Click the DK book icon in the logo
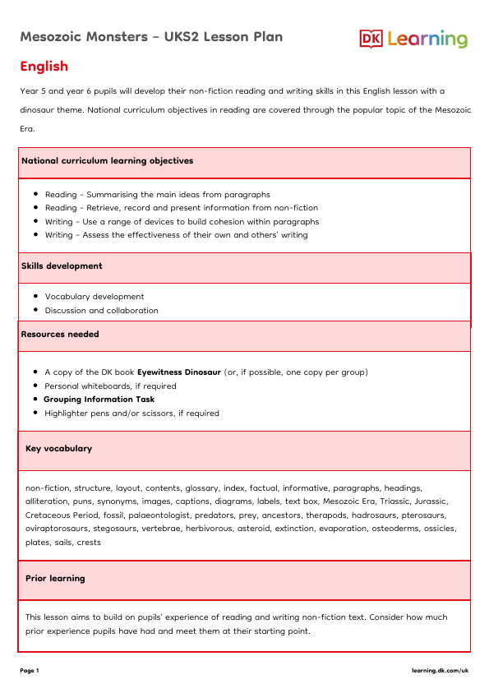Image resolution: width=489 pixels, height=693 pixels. tap(371, 39)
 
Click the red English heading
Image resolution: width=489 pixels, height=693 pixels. tap(44, 67)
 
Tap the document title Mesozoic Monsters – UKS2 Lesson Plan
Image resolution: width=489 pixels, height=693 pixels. tap(151, 37)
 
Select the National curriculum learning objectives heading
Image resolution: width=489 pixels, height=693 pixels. tap(107, 161)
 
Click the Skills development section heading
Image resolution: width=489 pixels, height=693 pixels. tap(62, 266)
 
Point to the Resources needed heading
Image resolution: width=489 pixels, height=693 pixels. tap(60, 335)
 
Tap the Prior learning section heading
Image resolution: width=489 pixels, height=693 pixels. tap(55, 579)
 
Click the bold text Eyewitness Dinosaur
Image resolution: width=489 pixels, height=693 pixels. tap(179, 372)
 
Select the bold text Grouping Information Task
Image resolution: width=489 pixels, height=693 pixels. tap(99, 400)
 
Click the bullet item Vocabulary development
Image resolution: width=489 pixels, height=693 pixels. tap(95, 297)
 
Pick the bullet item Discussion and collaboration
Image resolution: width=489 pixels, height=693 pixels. tap(102, 311)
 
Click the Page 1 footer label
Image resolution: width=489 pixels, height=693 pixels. tap(30, 671)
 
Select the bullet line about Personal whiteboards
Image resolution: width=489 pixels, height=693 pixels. tap(110, 386)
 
